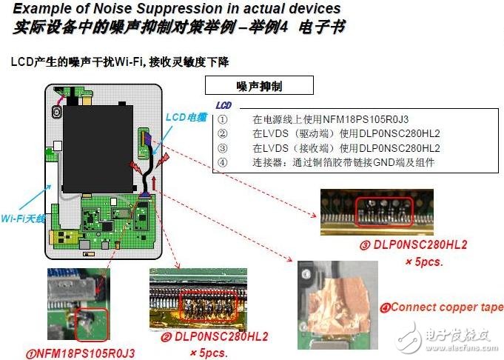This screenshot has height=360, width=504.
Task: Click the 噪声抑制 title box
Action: click(259, 85)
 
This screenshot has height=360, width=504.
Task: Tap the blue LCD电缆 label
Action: click(186, 118)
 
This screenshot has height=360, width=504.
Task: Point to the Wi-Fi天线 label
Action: click(23, 219)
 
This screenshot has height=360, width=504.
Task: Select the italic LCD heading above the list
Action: click(224, 105)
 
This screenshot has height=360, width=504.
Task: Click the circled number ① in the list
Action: click(223, 120)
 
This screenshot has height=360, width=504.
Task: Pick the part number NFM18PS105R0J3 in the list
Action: click(366, 120)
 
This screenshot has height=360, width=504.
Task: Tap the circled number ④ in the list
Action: click(223, 161)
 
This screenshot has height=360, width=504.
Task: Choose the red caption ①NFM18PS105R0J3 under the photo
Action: click(81, 353)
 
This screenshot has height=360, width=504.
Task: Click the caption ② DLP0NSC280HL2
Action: click(215, 337)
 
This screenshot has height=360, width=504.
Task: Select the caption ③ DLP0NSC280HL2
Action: click(414, 245)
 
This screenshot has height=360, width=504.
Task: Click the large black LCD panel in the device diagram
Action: click(98, 149)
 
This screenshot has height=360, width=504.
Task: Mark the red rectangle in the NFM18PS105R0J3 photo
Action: click(92, 324)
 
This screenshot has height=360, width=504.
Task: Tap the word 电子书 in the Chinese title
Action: click(321, 27)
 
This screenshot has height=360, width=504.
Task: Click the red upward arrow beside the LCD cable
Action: click(154, 184)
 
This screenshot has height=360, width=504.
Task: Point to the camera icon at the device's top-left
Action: click(57, 112)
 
